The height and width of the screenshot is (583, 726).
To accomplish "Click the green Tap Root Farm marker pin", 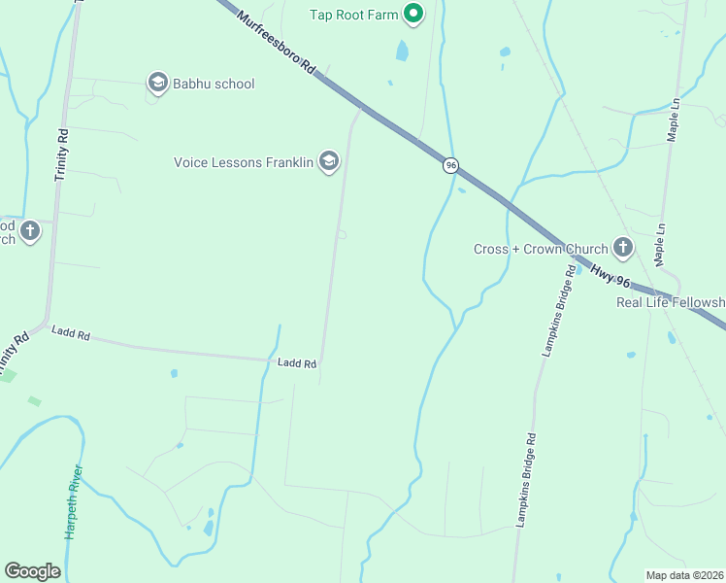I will [413, 14].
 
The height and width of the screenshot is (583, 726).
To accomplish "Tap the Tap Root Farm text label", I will [353, 14].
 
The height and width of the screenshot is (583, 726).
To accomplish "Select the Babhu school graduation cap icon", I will [157, 83].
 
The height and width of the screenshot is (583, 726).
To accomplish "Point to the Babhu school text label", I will [214, 84].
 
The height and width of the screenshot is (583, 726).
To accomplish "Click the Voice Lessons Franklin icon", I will [329, 161].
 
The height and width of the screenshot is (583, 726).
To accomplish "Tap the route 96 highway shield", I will [450, 165].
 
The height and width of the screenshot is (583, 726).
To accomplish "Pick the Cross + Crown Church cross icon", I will [622, 249].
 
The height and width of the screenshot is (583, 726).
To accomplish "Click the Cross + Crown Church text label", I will [541, 249].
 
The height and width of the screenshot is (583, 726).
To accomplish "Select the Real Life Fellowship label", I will [671, 302].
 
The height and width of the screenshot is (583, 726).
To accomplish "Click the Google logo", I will [32, 571].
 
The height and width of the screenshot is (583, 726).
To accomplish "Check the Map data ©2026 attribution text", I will [684, 574].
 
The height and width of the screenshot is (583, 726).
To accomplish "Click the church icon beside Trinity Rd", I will [30, 231].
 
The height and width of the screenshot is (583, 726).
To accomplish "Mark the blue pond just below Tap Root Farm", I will [402, 51].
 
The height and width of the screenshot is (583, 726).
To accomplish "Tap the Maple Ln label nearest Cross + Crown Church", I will [659, 246].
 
